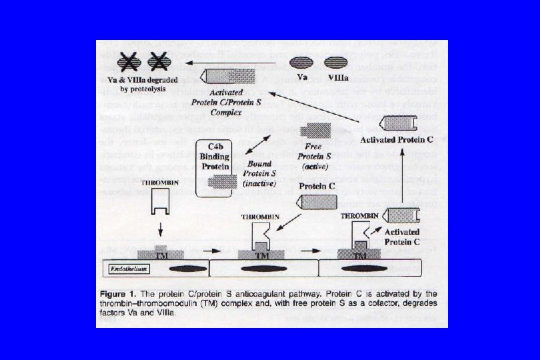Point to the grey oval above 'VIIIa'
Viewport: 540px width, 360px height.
(x=333, y=63)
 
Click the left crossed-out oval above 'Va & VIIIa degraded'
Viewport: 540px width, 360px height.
(x=129, y=63)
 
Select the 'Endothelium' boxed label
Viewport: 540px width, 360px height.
(x=129, y=269)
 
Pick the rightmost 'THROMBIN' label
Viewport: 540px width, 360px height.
(x=359, y=216)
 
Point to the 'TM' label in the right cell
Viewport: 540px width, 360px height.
(x=360, y=255)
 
